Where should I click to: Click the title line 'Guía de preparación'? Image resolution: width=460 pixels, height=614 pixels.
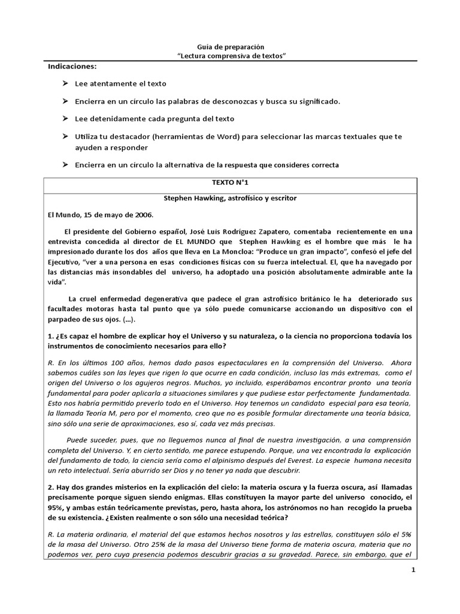230,47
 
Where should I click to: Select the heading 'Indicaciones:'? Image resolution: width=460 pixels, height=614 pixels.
72,66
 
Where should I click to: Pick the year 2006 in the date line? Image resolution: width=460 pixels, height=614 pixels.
142,214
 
